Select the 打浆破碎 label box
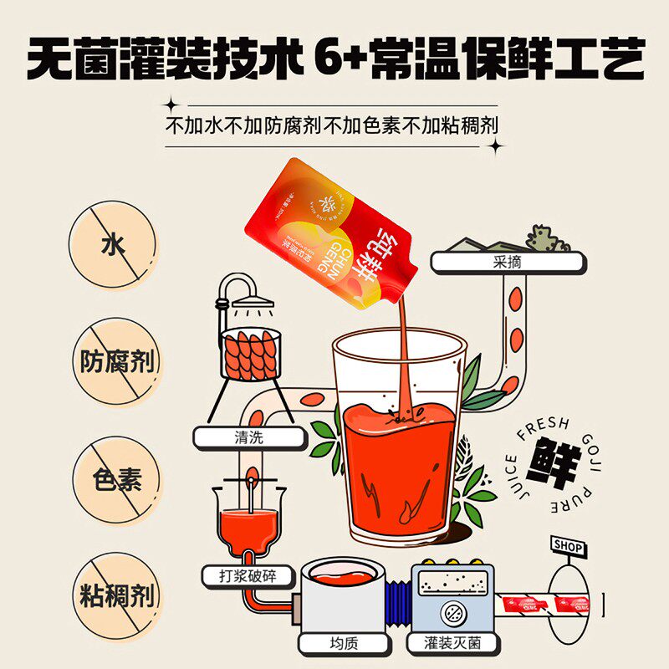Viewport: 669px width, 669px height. (x=248, y=575)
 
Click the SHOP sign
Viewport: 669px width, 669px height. (x=569, y=546)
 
